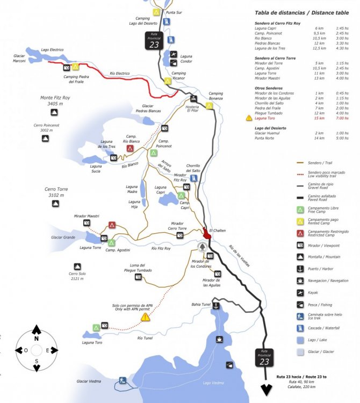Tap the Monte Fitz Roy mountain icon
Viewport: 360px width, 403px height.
54,112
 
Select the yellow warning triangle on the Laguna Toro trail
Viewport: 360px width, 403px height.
145,318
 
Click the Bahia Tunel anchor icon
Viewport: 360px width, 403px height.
215,306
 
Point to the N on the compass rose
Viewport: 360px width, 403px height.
36,339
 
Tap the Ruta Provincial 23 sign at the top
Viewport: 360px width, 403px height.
155,41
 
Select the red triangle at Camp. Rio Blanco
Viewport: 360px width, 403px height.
130,148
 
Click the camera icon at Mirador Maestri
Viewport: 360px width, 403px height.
87,222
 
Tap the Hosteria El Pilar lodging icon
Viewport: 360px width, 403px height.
193,98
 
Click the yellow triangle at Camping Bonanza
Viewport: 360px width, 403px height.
210,105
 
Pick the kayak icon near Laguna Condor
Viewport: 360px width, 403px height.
174,54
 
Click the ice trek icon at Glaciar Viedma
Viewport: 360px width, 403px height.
123,380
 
